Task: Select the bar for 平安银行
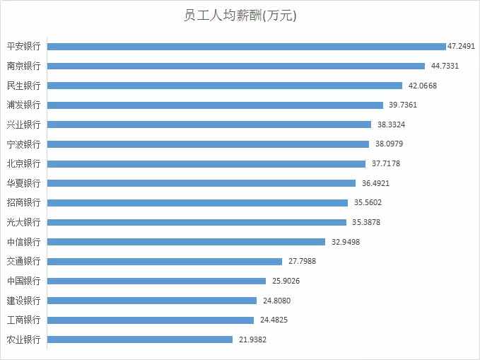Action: click(x=246, y=46)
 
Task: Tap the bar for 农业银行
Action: click(x=140, y=339)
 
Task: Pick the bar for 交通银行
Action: click(x=165, y=261)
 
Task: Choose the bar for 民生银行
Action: click(x=225, y=86)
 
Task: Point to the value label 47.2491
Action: click(x=462, y=46)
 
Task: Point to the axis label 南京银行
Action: click(x=23, y=66)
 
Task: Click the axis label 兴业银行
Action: click(x=23, y=124)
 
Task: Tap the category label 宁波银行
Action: click(x=23, y=144)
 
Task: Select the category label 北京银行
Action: click(x=23, y=163)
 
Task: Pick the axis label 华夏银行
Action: click(x=23, y=183)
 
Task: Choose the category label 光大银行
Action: click(x=23, y=222)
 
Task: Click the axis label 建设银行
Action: click(x=23, y=301)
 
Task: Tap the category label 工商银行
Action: click(x=23, y=320)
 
